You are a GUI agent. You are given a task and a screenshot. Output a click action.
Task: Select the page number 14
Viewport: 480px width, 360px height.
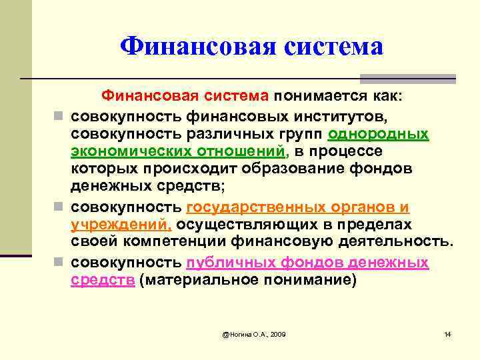447,333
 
